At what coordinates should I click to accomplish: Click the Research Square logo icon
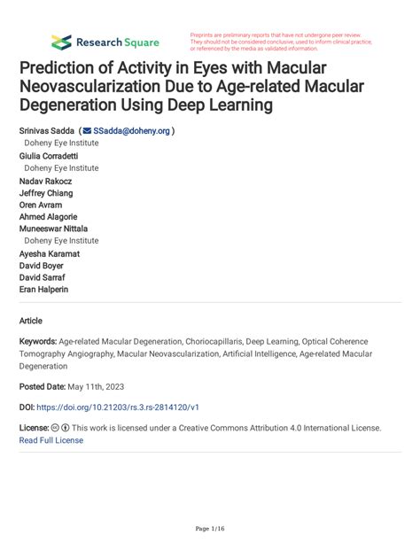click(61, 42)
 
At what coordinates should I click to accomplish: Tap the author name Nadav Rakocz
click(46, 180)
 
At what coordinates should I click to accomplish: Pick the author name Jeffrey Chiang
click(46, 192)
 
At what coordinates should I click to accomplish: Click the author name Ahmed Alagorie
click(48, 217)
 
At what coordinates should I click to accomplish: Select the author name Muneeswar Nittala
click(53, 229)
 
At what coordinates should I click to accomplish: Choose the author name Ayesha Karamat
click(50, 253)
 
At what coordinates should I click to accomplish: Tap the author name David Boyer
click(42, 265)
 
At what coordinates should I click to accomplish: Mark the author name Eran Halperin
click(43, 290)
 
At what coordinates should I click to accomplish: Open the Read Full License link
click(51, 440)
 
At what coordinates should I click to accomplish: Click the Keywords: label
click(37, 341)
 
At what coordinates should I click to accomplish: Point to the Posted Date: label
click(44, 386)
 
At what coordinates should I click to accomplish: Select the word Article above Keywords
click(30, 321)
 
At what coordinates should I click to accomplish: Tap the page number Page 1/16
click(209, 529)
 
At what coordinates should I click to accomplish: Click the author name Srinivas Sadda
click(46, 130)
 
